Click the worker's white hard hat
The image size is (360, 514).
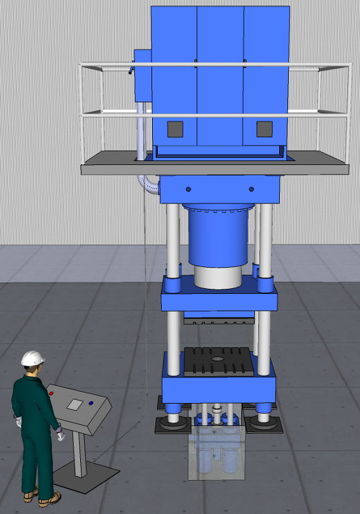(x=32, y=358)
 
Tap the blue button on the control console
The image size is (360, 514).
(x=90, y=403)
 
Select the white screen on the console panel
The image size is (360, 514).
(x=75, y=404)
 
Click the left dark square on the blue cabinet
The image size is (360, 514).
(x=175, y=130)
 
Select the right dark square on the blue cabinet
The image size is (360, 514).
(x=264, y=130)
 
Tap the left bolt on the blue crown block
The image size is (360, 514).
(x=188, y=189)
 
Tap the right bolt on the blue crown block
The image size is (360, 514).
(x=251, y=189)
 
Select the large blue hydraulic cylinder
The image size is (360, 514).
(x=218, y=234)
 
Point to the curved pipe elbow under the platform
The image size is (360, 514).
(x=148, y=187)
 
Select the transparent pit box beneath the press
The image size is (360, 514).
(x=218, y=456)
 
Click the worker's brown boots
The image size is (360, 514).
(x=40, y=496)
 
